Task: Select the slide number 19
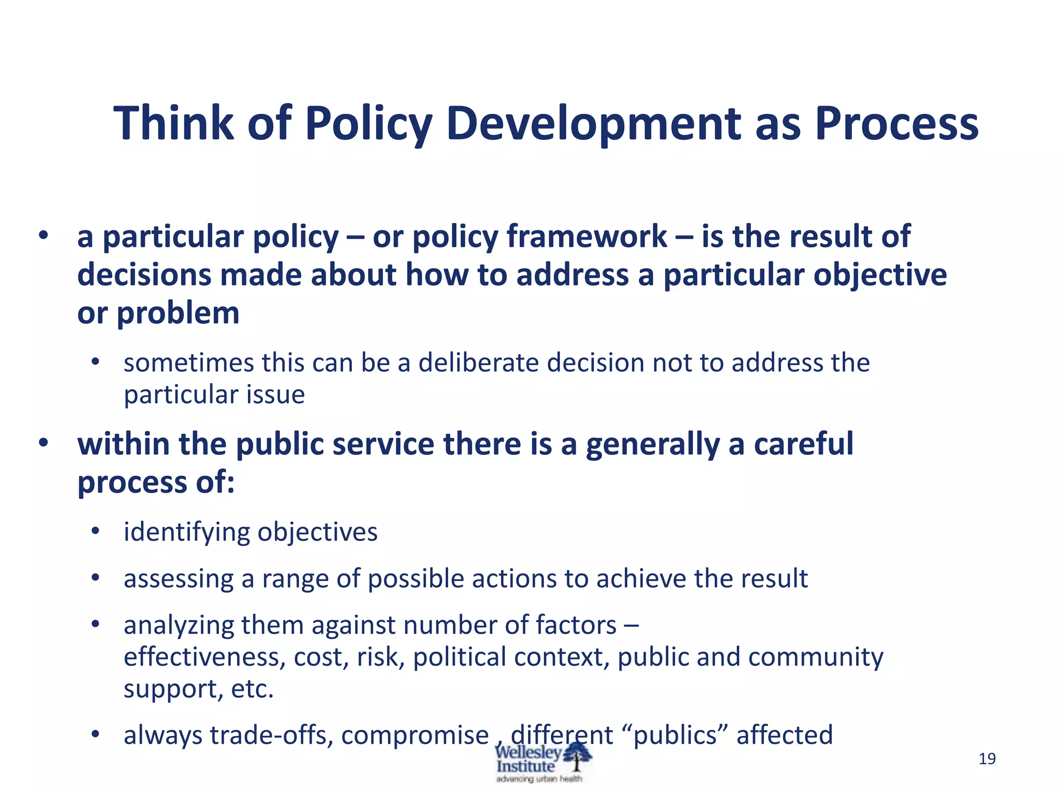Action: point(987,759)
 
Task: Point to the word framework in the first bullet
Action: point(586,237)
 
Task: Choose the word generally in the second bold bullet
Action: point(652,444)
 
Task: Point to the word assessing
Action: point(179,578)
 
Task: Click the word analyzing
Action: point(179,625)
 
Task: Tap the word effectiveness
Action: point(204,657)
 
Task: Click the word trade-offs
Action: point(271,735)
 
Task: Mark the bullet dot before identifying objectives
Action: point(95,531)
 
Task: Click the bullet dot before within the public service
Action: point(43,443)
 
